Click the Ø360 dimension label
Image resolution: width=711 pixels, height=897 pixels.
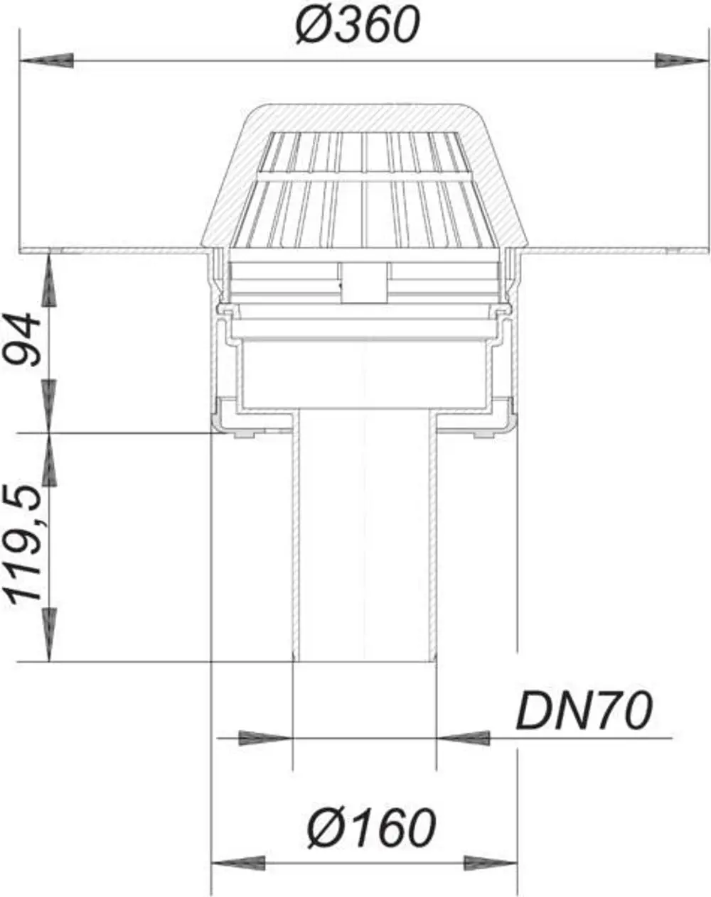coord(357,24)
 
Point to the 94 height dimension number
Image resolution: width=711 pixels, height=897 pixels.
coord(23,339)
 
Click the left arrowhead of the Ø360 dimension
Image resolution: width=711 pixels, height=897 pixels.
coord(47,61)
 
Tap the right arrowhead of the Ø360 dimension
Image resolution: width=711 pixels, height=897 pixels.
coord(682,61)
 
